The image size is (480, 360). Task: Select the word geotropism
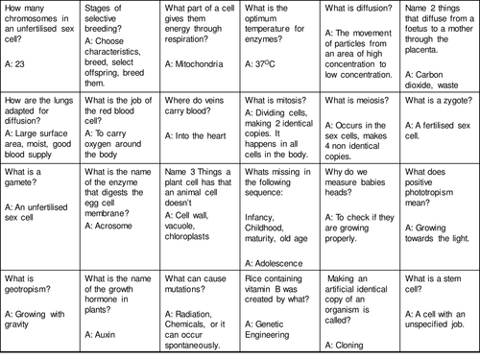click(x=32, y=289)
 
